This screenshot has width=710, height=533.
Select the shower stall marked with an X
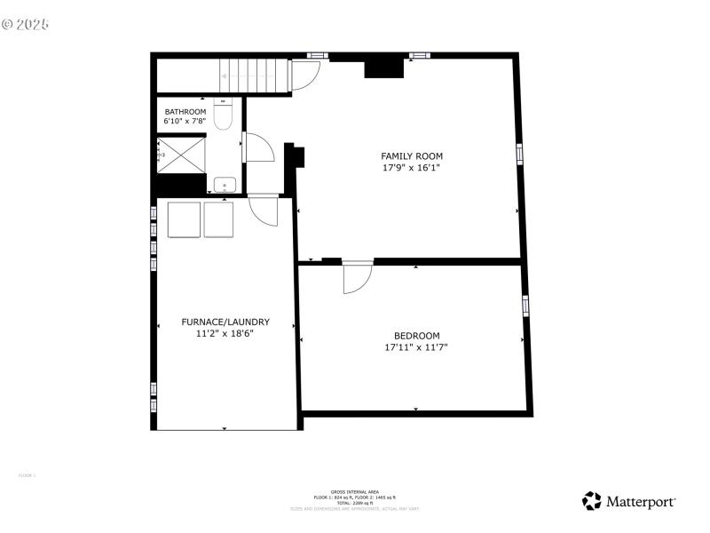(183, 153)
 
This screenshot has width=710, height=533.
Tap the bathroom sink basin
(224, 185)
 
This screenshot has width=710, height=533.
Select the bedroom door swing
(357, 278)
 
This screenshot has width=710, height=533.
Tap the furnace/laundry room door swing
(263, 211)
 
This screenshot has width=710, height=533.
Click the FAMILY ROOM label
(412, 155)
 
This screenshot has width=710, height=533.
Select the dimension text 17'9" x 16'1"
(412, 167)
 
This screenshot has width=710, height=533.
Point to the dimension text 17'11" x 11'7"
(415, 347)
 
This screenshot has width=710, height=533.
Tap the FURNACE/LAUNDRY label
(225, 322)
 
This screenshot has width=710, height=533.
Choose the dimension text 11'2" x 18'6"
(225, 334)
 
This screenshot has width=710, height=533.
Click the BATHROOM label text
(185, 111)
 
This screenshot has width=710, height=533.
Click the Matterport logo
(629, 502)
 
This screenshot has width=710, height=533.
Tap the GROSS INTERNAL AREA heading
(355, 491)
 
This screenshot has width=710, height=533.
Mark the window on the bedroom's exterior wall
(526, 306)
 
